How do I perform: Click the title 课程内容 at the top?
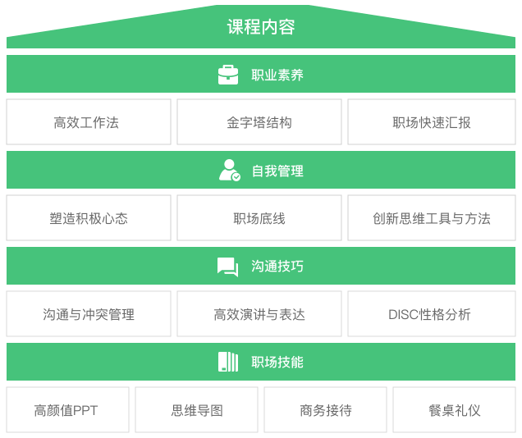coord(261,26)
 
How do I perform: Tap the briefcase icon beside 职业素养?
coord(228,75)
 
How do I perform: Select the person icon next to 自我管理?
coord(229,170)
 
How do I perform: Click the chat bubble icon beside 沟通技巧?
coord(227,267)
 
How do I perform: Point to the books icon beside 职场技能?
coord(228,362)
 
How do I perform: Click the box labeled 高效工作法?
coord(89,122)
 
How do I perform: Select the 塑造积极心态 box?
coord(89,218)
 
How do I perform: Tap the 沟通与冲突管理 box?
coord(89,314)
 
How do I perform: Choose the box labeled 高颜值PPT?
coord(67,410)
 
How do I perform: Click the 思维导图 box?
coord(196,410)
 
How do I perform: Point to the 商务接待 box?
coord(325,410)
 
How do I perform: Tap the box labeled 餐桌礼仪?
coord(454,410)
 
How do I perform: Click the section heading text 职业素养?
coord(277,75)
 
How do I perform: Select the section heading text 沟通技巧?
coord(277,267)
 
